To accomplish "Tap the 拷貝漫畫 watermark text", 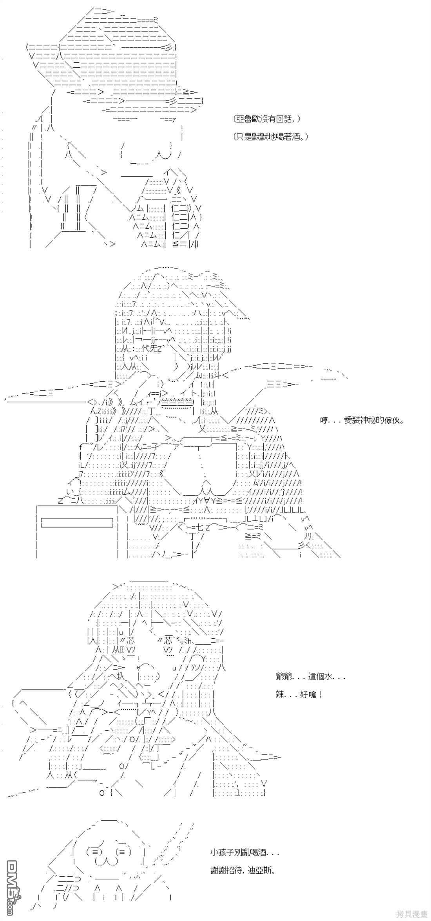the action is click(x=412, y=915).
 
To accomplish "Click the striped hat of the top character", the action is click(x=114, y=59).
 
